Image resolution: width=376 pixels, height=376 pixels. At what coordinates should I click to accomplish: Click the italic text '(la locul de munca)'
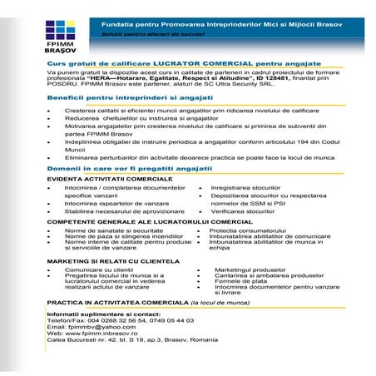click(220, 304)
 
